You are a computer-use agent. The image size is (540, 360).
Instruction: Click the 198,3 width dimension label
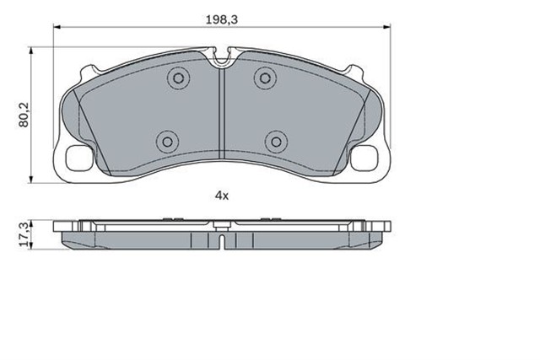click(x=222, y=19)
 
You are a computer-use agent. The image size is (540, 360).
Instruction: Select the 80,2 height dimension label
click(x=24, y=115)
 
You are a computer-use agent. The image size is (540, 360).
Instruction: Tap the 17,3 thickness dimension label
click(x=24, y=234)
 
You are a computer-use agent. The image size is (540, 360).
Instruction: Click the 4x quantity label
click(x=222, y=196)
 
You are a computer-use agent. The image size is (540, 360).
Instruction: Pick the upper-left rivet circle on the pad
click(x=178, y=78)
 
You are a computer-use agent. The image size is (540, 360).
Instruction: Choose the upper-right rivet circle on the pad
click(x=265, y=78)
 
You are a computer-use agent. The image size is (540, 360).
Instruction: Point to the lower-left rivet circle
click(x=167, y=142)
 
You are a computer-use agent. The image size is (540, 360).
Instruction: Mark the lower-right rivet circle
click(x=276, y=142)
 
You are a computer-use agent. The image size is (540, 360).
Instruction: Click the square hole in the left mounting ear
click(x=79, y=158)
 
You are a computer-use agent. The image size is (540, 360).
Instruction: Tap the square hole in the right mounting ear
click(x=364, y=158)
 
